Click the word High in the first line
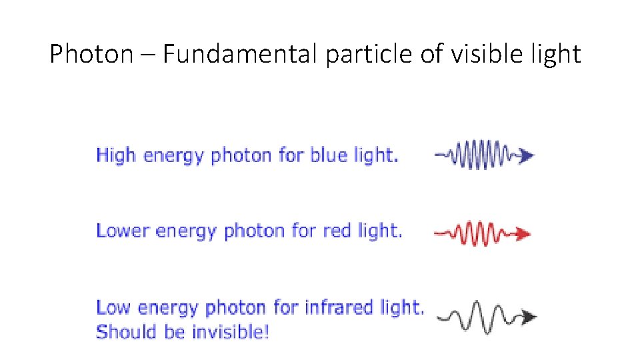(116, 155)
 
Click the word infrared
(339, 307)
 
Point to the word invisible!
(229, 331)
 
